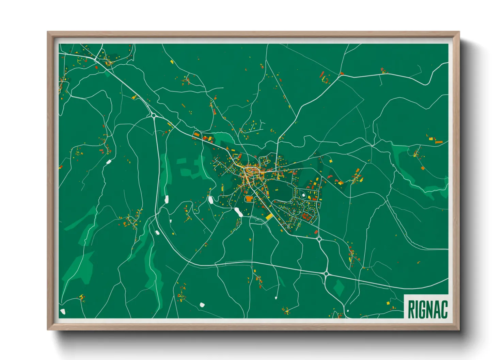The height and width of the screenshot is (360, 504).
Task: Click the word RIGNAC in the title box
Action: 427,309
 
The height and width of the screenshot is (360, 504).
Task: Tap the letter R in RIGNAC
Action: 411,309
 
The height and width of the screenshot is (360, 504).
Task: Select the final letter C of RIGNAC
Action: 444,309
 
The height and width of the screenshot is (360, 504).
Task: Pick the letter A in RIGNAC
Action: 437,309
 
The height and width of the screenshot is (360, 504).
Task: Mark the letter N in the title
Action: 429,309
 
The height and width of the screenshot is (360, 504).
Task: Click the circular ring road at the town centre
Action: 252,170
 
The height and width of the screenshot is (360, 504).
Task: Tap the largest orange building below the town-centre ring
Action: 249,198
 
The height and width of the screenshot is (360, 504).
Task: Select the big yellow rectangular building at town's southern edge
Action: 269,216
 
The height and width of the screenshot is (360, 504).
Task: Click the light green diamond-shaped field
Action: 338,288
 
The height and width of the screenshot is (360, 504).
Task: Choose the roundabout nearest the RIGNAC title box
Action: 348,311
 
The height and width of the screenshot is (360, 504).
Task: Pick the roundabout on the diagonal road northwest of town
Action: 154,116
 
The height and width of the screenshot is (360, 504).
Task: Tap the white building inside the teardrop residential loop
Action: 303,195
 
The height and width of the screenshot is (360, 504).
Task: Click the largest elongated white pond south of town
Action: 238,212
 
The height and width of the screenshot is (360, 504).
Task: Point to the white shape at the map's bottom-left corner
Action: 62,311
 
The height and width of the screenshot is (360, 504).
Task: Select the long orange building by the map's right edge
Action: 439,142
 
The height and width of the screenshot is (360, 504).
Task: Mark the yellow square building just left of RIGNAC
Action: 388,302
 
